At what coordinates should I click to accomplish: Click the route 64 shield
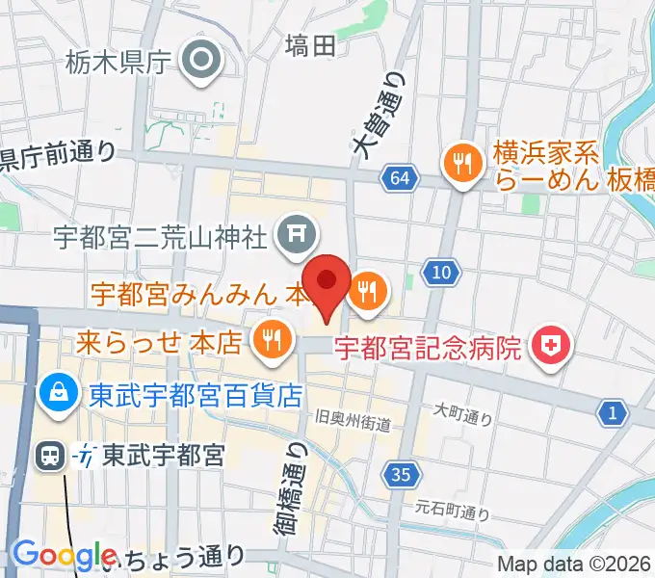[400, 177]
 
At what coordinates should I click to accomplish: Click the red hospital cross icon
[552, 345]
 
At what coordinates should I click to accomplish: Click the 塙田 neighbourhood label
[311, 44]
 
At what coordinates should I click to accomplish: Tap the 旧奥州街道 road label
[354, 421]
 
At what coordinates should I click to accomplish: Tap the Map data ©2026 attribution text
[574, 565]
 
